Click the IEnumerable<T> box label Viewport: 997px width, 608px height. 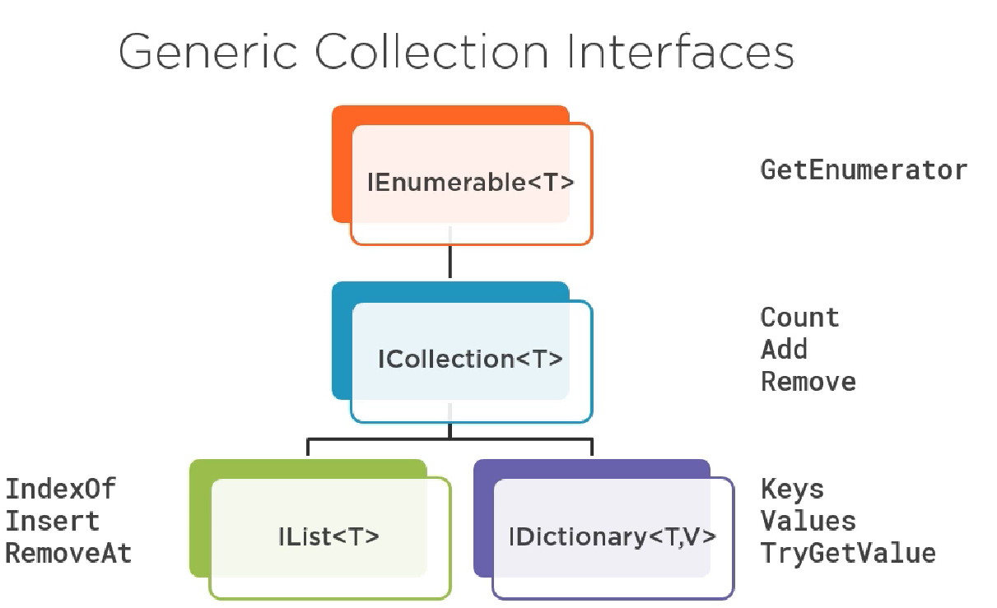pos(470,183)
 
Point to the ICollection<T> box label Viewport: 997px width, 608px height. pos(470,360)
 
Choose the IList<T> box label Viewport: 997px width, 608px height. pos(328,536)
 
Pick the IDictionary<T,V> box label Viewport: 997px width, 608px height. pos(613,536)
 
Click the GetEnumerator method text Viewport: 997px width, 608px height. pos(864,170)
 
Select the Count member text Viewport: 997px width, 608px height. pos(799,318)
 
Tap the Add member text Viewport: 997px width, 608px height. pos(784,350)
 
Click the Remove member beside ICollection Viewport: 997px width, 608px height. pos(808,382)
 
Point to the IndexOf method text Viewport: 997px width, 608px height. pos(61,489)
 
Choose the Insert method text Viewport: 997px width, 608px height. pos(53,521)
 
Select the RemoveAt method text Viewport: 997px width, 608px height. pos(68,553)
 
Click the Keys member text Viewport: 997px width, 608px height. pos(792,489)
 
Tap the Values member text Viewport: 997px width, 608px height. pos(808,521)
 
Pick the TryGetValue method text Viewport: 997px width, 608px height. pos(848,553)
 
